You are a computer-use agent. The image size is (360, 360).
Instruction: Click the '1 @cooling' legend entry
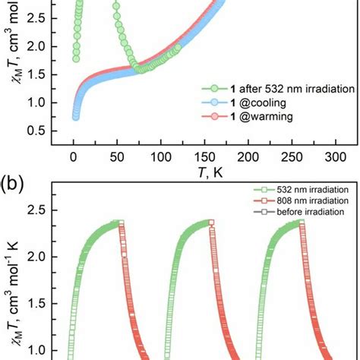(x=245, y=102)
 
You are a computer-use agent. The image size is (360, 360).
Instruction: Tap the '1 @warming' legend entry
(x=246, y=115)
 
